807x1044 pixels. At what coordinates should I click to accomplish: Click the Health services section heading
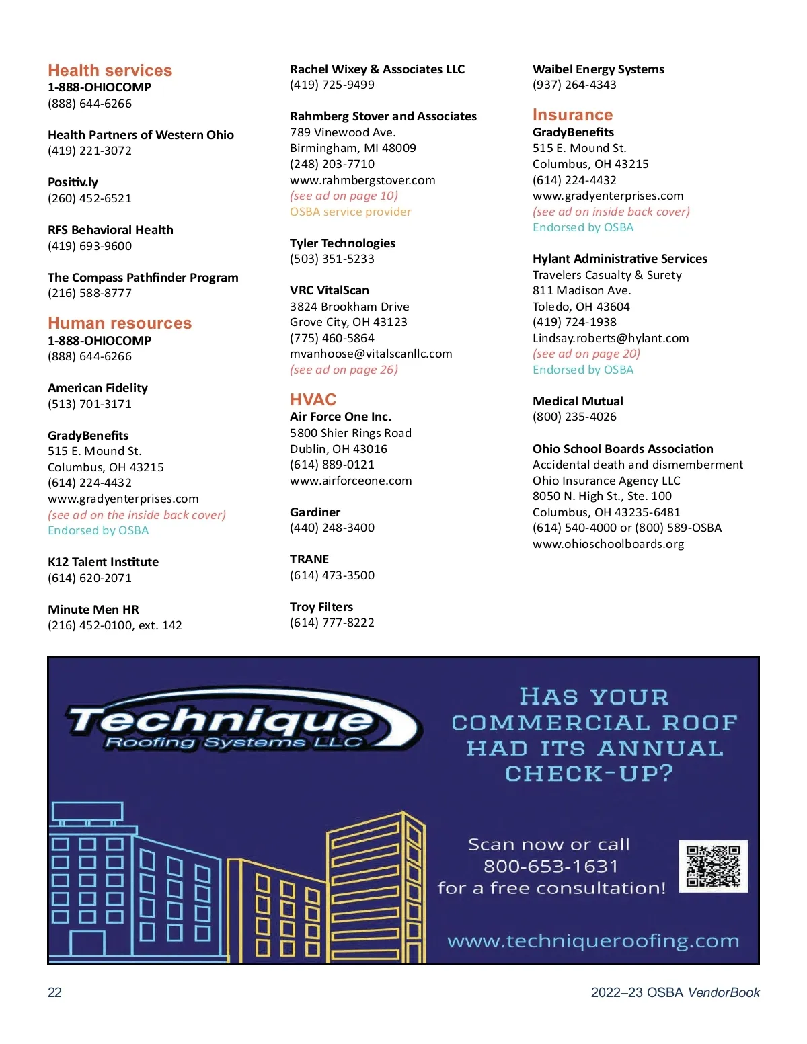[x=110, y=71]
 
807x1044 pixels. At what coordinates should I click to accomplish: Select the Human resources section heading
[x=120, y=323]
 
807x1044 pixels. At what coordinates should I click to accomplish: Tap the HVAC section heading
[x=313, y=400]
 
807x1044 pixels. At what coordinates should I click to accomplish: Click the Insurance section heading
[x=572, y=115]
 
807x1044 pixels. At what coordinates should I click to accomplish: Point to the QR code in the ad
[x=713, y=867]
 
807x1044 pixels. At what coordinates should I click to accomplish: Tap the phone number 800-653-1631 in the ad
[x=550, y=867]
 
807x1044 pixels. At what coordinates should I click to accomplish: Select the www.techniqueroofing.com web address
[x=593, y=941]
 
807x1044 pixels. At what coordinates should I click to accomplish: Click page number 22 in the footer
[x=54, y=992]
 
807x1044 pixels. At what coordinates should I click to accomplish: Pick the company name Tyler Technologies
[x=342, y=243]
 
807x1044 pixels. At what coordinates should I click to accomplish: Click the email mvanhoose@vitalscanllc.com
[x=371, y=354]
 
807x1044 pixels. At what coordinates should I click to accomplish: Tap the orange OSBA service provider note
[x=350, y=212]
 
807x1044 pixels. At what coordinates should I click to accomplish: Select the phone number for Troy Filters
[x=332, y=623]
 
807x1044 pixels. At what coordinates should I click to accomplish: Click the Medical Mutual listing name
[x=578, y=401]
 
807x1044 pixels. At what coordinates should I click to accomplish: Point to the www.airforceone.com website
[x=350, y=481]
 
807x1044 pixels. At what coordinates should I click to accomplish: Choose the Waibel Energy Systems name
[x=598, y=69]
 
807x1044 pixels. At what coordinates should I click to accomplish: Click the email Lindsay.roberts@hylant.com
[x=610, y=338]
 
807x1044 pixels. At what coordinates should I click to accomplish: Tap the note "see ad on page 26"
[x=344, y=370]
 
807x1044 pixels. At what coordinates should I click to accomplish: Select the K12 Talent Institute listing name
[x=103, y=562]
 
